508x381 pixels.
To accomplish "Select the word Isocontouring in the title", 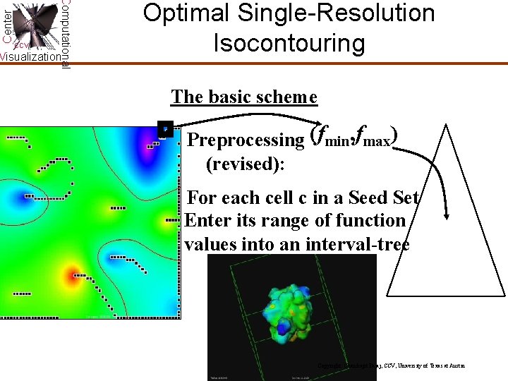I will click(x=289, y=42).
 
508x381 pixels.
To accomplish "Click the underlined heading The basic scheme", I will click(x=244, y=97).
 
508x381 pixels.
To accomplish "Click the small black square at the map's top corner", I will click(x=164, y=129).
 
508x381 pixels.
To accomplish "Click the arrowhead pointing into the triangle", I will click(x=447, y=214).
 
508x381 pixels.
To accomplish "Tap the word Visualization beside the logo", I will click(x=30, y=57).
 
